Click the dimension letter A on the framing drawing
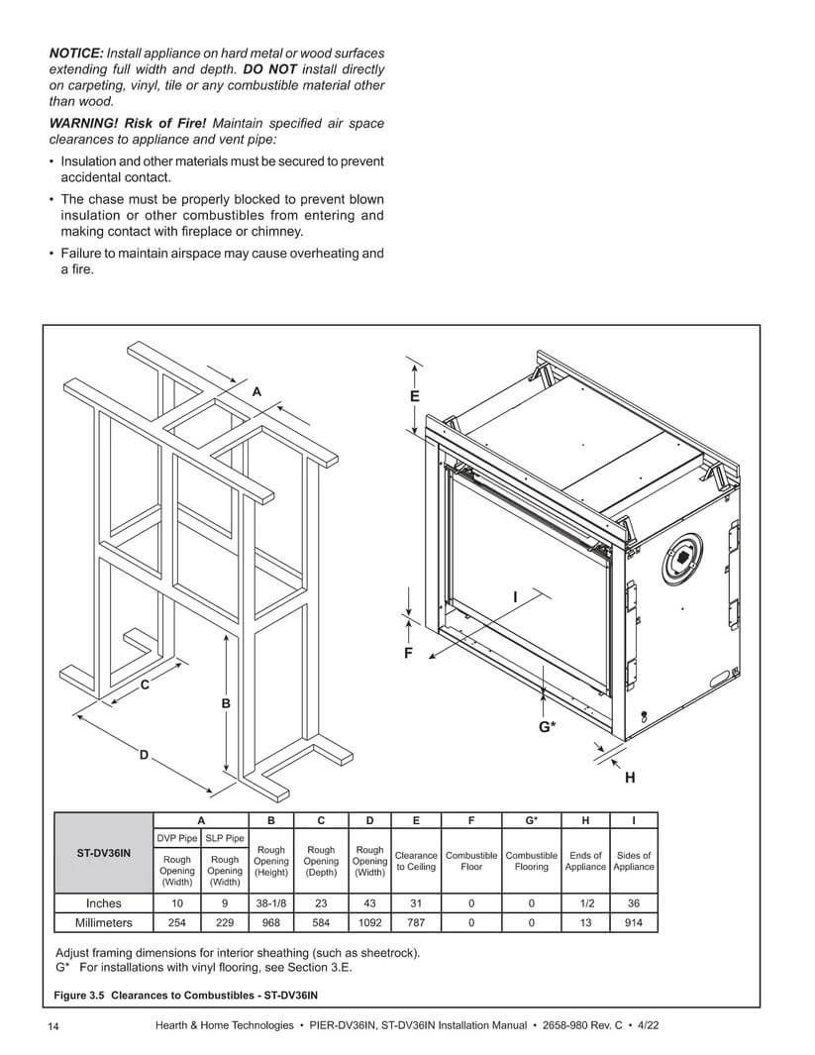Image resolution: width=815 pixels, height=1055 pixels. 256,392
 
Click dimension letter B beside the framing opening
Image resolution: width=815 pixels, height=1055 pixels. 226,703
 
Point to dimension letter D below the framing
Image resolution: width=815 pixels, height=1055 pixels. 144,756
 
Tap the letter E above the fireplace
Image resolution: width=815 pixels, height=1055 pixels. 415,396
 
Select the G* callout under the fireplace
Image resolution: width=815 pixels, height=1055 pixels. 547,726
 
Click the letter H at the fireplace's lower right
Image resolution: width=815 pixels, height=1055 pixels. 630,778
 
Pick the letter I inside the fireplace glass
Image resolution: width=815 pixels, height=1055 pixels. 515,596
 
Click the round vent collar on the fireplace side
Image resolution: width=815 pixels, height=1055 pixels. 682,561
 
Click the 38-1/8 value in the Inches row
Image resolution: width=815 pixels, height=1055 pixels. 271,903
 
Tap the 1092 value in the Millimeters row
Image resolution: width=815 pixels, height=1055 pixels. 369,922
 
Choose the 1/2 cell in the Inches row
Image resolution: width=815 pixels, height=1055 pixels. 585,903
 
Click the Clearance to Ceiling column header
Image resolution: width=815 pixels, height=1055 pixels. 416,861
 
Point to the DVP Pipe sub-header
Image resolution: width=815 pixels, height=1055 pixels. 177,839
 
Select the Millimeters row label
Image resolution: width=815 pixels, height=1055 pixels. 104,922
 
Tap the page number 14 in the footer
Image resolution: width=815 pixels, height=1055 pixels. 54,1025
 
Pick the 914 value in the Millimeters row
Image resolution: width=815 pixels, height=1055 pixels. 634,922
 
